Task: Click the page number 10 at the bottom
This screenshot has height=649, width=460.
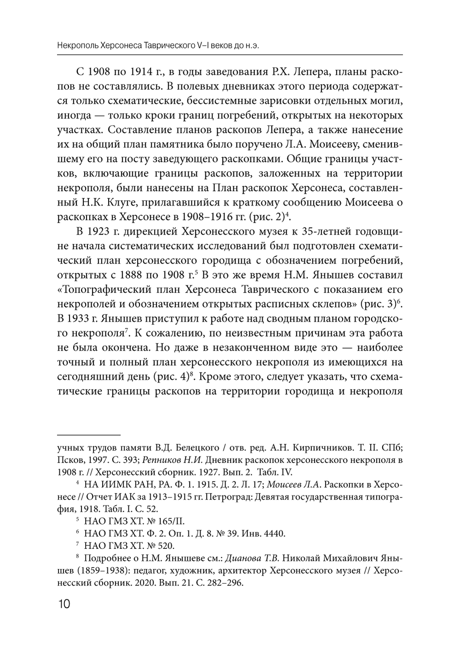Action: coord(63,603)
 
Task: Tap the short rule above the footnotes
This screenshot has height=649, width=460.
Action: coord(88,435)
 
